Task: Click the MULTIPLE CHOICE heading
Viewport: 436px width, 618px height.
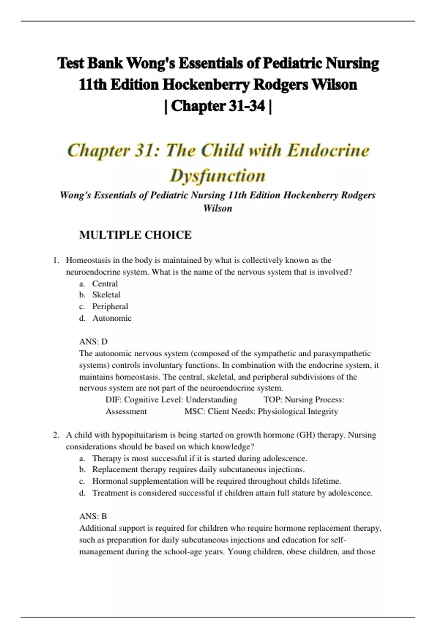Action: click(x=135, y=235)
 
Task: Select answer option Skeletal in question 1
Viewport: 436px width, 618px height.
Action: click(x=106, y=295)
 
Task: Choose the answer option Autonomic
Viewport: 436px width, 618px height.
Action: click(x=112, y=318)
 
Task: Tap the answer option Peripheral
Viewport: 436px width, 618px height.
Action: click(x=110, y=306)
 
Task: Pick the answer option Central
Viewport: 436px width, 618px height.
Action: click(x=105, y=284)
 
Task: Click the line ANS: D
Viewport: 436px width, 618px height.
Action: click(x=93, y=342)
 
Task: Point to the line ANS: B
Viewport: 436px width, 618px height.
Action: click(x=93, y=517)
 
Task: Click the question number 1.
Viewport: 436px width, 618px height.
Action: click(x=56, y=260)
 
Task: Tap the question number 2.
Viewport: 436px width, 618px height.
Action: click(x=56, y=435)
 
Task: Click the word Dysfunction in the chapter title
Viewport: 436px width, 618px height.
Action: click(x=218, y=176)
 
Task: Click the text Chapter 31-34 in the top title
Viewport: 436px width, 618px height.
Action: click(x=218, y=106)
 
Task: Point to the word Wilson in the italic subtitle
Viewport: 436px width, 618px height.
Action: click(x=218, y=208)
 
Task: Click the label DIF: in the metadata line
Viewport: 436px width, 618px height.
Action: click(x=113, y=400)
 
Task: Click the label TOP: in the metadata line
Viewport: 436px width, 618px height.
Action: click(x=273, y=400)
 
